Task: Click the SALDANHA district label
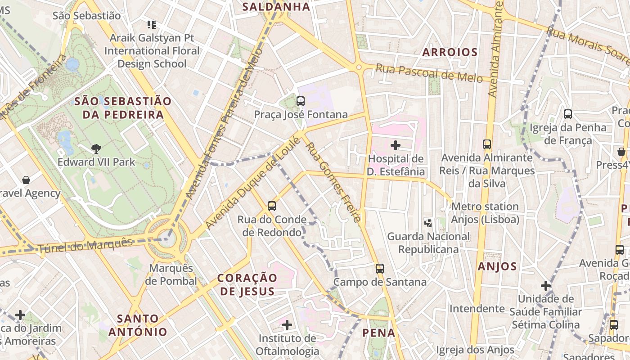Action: coord(276,7)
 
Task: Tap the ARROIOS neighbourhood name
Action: coord(450,52)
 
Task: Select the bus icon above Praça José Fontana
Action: coord(301,101)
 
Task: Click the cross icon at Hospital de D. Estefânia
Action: coord(396,145)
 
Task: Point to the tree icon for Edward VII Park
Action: coord(96,148)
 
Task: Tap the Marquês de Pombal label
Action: coord(171,274)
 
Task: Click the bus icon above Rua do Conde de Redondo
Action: coord(272,206)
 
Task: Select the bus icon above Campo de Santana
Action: coord(380,269)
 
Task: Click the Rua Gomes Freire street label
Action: coord(333,182)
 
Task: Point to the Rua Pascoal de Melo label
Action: coord(429,73)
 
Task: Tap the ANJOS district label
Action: coord(497,266)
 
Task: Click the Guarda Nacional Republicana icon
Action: coord(428,222)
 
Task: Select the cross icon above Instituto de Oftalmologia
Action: coord(287,324)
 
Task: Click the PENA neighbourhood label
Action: coord(379,333)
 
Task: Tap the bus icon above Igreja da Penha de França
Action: coord(568,114)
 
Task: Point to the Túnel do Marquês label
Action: coord(85,245)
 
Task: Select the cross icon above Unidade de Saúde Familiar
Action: coord(546,285)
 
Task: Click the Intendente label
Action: coord(477,309)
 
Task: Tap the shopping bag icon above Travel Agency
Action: coord(26,180)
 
